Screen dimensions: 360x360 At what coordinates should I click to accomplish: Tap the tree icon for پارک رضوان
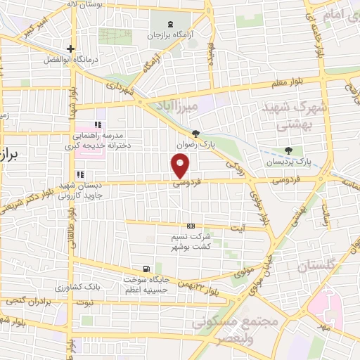coord(195,134)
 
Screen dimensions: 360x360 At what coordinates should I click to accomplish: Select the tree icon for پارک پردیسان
coord(288,150)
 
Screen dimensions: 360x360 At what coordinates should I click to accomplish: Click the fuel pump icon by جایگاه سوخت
coord(146,268)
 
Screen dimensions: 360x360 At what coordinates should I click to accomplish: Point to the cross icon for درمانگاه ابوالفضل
coord(70,49)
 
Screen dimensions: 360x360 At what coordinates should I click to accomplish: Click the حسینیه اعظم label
coord(149,289)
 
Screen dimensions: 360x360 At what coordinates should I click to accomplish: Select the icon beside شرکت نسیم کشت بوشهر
coord(191,226)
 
